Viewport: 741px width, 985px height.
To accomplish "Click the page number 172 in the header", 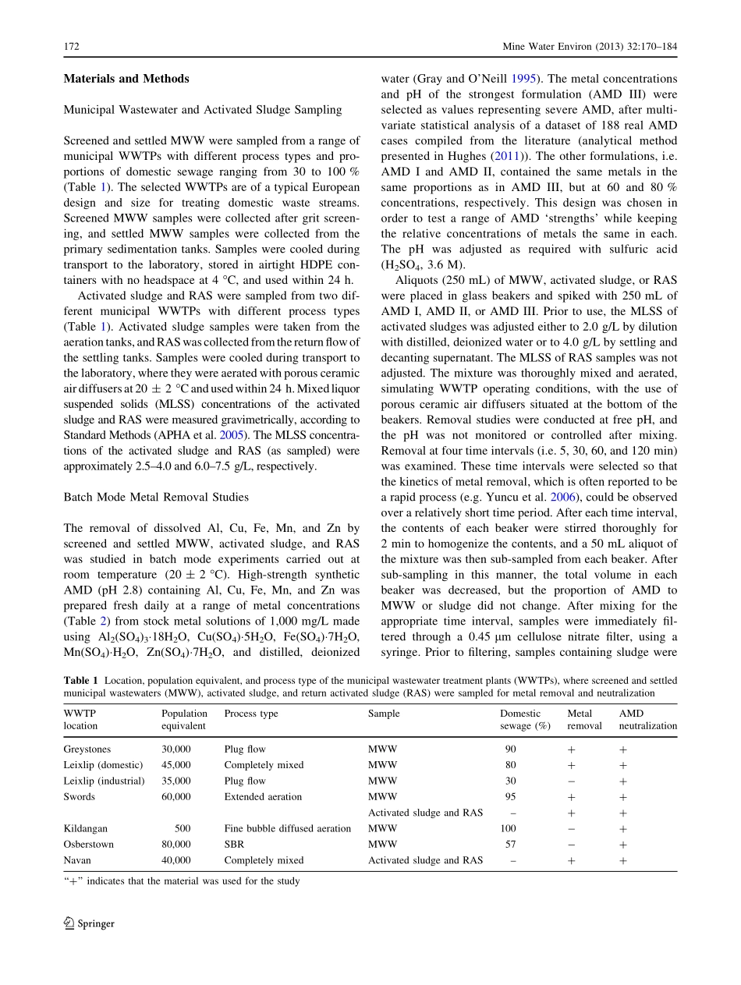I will pos(71,47).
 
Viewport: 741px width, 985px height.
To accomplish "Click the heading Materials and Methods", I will pos(126,79).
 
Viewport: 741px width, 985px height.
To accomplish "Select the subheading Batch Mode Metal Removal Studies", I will pos(156,497).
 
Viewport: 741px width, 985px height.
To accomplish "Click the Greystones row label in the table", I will pos(87,749).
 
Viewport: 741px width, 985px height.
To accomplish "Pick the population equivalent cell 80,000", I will pos(175,844).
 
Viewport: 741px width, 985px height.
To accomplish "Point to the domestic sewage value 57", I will pos(510,844).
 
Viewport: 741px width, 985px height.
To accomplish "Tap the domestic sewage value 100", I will pos(508,828).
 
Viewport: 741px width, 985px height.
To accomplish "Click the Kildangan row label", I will pos(85,828).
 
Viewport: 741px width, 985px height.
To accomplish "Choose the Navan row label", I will pos(77,860).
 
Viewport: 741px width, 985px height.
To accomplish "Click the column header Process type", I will pos(250,713).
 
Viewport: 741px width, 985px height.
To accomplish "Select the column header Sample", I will pos(384,713).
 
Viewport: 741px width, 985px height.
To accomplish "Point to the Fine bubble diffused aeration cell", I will pos(287,828).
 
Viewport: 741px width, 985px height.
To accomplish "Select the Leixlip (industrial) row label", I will pos(104,781).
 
